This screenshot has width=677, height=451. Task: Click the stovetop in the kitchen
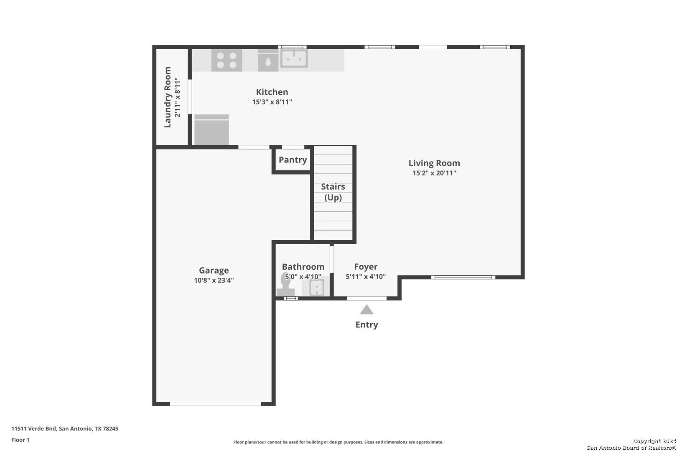click(x=227, y=61)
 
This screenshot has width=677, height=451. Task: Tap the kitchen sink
click(x=294, y=58)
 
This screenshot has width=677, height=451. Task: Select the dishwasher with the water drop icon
click(x=268, y=61)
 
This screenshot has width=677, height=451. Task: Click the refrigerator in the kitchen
click(x=211, y=129)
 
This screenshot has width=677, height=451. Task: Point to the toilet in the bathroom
click(x=285, y=284)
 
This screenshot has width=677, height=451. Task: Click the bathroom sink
click(x=316, y=287)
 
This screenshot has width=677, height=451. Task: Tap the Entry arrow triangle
click(x=366, y=309)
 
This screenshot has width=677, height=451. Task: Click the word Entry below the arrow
click(x=366, y=325)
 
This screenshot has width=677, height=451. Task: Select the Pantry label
click(x=293, y=160)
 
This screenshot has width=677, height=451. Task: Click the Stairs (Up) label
click(x=333, y=192)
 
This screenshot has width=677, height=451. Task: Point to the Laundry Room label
click(x=168, y=97)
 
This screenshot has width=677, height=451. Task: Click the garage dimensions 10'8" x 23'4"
click(x=214, y=280)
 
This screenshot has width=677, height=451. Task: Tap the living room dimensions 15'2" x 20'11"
click(x=434, y=173)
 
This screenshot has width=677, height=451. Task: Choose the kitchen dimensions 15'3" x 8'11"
click(x=272, y=102)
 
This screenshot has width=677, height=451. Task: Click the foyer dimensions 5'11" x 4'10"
click(x=366, y=277)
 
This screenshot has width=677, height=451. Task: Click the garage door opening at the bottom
click(x=216, y=404)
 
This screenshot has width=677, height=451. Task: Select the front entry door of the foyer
click(x=366, y=299)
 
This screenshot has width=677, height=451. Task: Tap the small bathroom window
click(x=291, y=299)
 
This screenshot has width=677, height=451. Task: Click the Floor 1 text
click(x=20, y=440)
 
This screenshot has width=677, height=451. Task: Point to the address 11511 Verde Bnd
click(x=34, y=428)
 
